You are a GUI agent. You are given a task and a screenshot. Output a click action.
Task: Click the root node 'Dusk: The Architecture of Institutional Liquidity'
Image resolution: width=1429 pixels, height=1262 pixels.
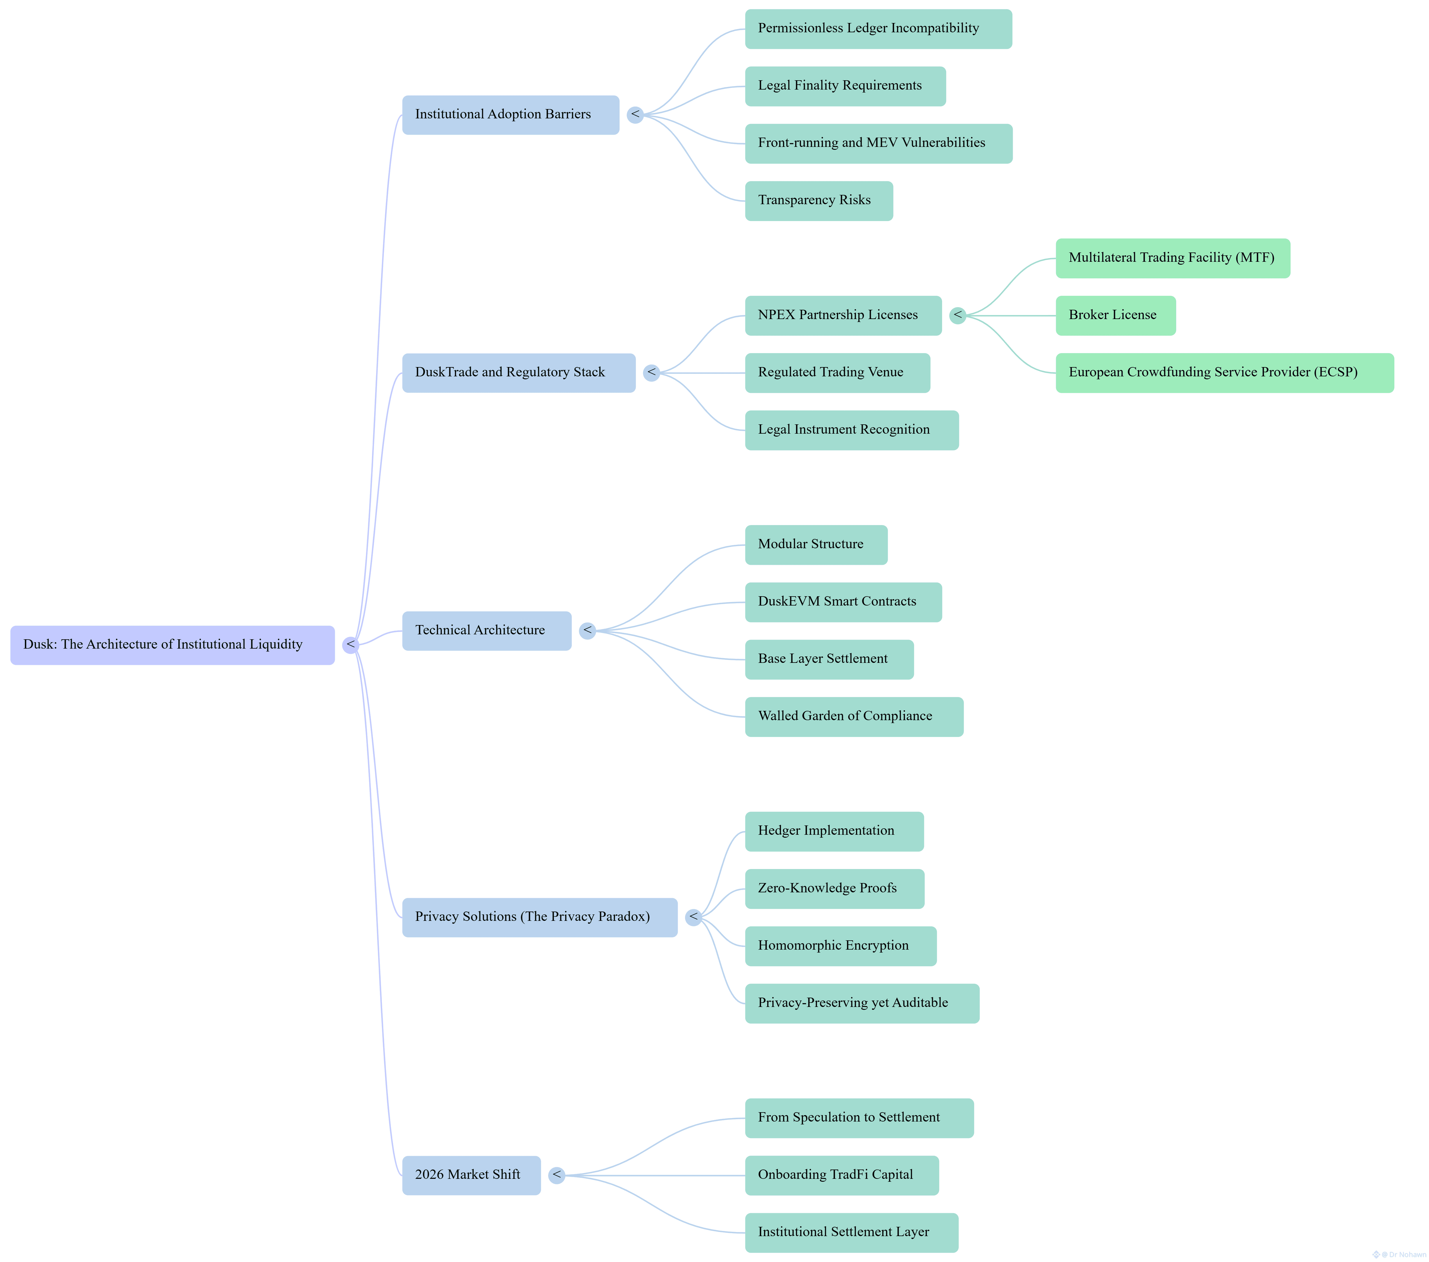[172, 645]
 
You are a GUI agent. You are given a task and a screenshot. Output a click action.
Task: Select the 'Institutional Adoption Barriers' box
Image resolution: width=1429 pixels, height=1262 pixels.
[510, 115]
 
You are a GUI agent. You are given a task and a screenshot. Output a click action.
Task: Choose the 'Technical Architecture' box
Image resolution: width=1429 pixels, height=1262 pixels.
[487, 631]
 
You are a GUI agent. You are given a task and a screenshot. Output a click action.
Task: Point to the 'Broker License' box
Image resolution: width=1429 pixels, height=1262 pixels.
[1115, 315]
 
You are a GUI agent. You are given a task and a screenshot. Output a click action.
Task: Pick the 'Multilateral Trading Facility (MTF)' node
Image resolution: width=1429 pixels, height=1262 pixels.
[1172, 258]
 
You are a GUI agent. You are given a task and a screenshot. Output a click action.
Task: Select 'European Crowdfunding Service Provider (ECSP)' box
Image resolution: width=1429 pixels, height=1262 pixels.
[1224, 373]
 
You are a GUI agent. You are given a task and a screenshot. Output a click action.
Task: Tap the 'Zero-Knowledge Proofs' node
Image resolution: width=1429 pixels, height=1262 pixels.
[834, 889]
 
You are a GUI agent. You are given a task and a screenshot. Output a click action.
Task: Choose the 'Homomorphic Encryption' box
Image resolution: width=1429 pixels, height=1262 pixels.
[840, 946]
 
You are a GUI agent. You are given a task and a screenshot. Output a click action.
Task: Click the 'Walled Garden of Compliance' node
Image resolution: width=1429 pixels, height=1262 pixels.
[854, 717]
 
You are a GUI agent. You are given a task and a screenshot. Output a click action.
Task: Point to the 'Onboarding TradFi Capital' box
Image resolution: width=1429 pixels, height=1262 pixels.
[842, 1175]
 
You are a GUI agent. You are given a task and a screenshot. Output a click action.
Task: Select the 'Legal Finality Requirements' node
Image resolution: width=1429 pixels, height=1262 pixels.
[845, 86]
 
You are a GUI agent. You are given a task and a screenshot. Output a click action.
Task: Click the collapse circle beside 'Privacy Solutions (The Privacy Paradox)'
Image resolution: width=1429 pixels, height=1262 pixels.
[693, 917]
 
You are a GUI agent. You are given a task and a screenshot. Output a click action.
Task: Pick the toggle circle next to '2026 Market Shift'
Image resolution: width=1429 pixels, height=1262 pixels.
[556, 1175]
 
